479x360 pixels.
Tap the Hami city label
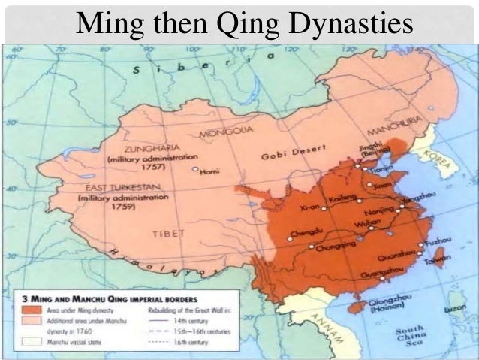[x=209, y=171]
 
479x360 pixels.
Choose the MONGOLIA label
[x=227, y=133]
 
